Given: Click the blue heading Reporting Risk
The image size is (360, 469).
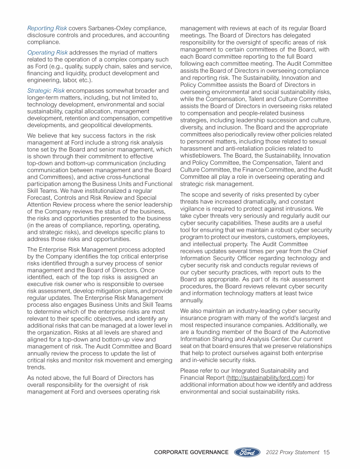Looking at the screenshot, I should (47, 29).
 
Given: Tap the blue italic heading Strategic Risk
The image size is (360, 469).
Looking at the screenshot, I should (46, 90).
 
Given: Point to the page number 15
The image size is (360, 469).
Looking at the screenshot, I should (327, 453).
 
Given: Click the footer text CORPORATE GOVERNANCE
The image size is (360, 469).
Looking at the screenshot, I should (191, 453).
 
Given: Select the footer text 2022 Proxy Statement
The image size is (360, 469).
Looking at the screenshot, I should (292, 453).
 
